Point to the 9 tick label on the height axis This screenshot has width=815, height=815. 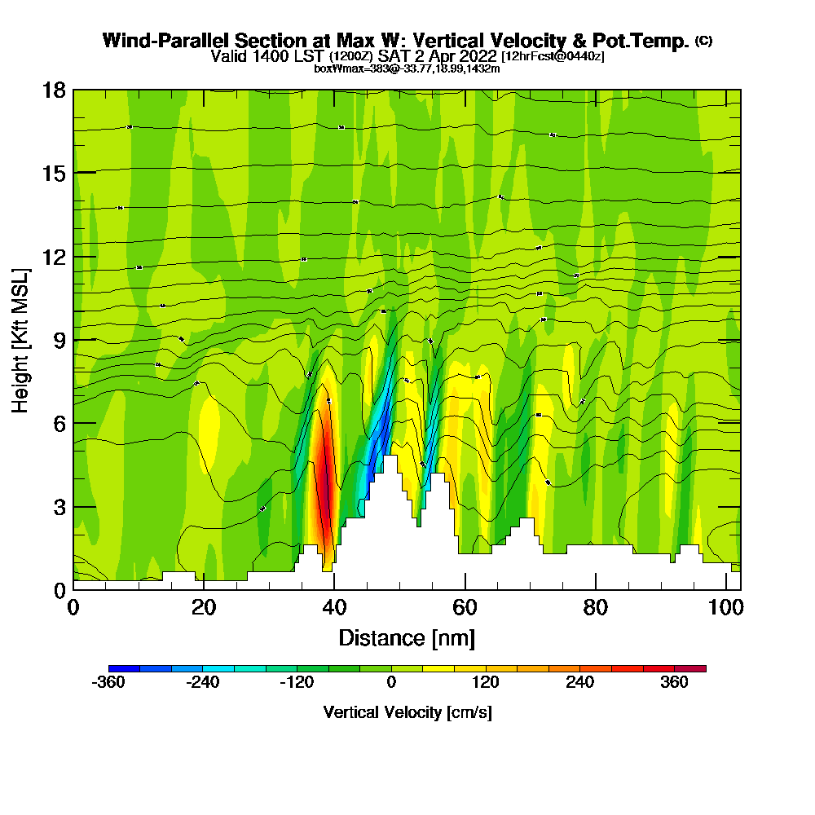tap(59, 340)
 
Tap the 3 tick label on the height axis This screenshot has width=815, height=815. tap(59, 506)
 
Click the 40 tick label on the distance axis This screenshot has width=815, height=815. tap(334, 608)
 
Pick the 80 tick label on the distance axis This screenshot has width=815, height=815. tap(596, 608)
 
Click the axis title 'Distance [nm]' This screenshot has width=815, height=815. tap(407, 637)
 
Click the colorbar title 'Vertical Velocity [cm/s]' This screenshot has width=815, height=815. tap(407, 712)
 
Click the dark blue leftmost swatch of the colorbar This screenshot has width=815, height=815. tap(124, 669)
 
